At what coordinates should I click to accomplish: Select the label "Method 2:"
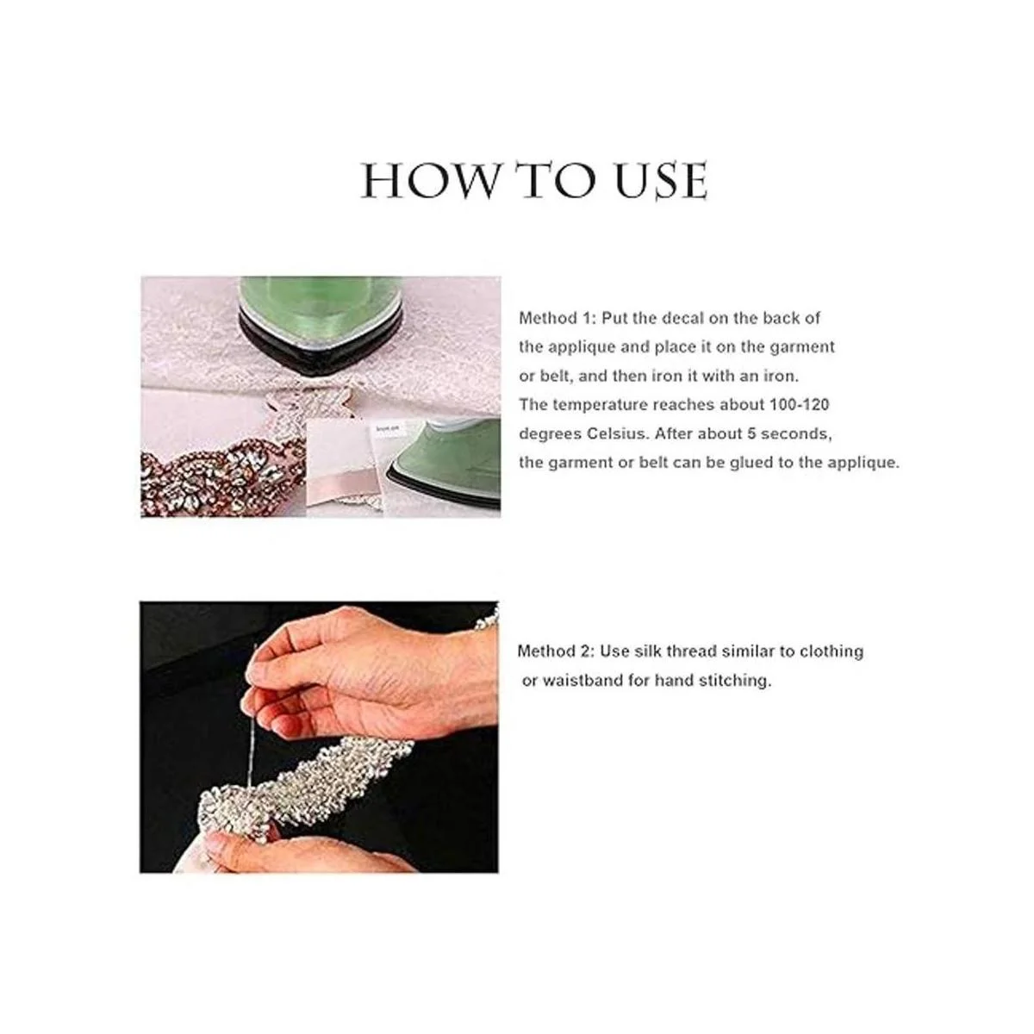pos(556,651)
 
